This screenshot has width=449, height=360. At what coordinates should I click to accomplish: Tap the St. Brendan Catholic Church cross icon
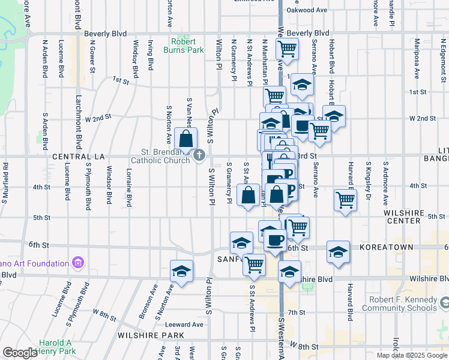[200, 156]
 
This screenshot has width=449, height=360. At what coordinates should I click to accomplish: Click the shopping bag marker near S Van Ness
[186, 139]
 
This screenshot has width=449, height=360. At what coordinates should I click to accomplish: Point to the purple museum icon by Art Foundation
[77, 263]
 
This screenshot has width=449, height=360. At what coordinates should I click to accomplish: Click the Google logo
[20, 353]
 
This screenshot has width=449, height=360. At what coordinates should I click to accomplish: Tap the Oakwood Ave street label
[307, 10]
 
